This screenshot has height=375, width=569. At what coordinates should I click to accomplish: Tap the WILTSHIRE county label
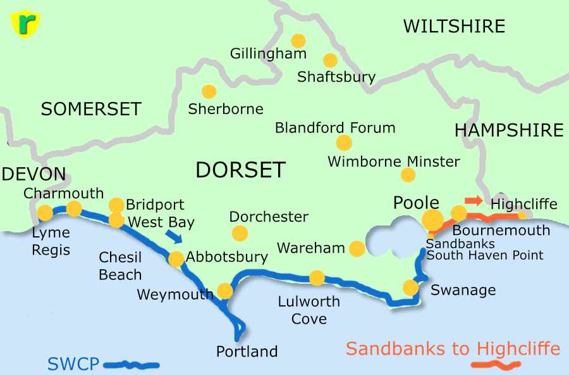454,26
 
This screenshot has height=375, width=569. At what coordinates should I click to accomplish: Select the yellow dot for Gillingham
298,41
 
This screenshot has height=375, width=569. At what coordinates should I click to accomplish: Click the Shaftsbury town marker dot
330,60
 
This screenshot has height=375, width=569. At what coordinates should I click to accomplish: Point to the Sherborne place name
226,109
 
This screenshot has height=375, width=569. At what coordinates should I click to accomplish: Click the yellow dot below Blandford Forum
344,143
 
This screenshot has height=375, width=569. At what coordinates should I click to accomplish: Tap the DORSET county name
240,170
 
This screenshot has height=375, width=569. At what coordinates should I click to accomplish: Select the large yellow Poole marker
433,220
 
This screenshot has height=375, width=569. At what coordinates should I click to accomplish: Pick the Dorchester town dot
240,234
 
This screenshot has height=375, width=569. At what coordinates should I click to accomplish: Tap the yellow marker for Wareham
357,248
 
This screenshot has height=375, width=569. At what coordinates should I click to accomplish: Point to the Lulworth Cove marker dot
317,278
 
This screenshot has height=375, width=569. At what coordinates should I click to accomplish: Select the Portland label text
247,352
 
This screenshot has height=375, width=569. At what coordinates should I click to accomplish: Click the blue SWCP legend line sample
131,364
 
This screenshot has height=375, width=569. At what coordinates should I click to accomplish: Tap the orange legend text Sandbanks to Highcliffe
453,348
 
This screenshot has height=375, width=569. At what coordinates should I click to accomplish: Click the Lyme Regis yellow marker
45,212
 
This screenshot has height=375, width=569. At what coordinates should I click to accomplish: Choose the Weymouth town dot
224,291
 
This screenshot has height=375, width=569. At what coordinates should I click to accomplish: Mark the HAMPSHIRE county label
508,130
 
